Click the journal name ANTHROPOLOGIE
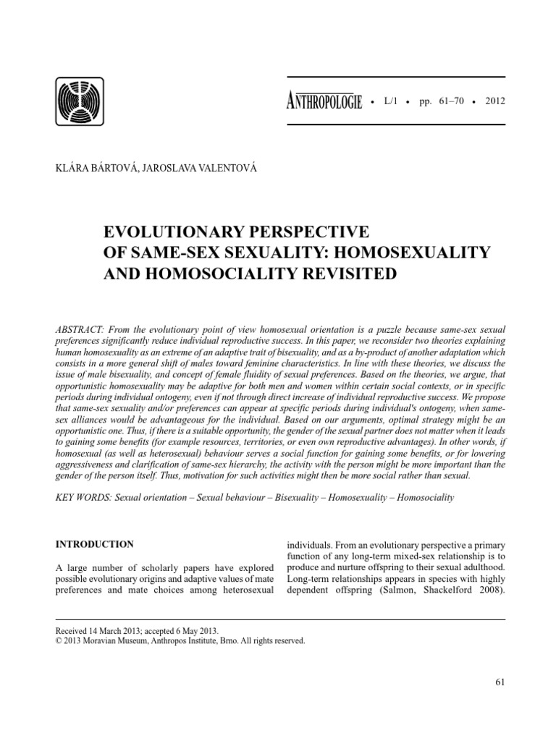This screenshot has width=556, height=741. coord(324,101)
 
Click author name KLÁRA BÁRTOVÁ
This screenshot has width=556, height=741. coord(92,169)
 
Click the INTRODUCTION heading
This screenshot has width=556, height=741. coord(95,544)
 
